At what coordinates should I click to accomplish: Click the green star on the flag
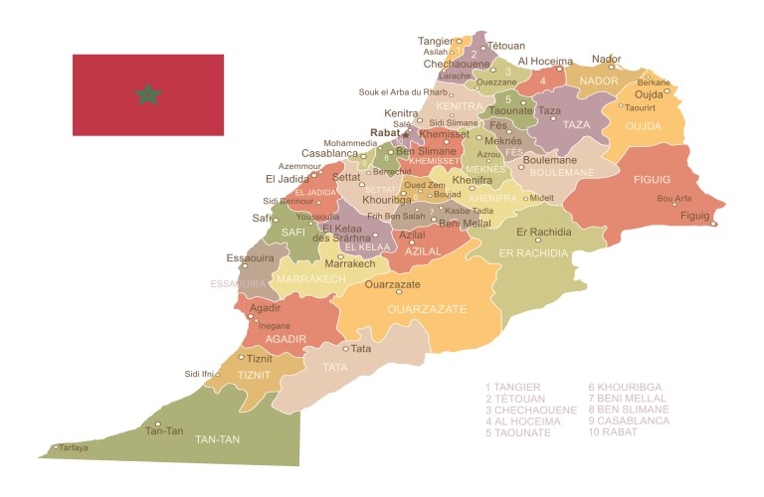[148, 94]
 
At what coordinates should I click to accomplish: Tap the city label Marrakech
[349, 264]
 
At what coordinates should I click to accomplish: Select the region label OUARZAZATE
[426, 309]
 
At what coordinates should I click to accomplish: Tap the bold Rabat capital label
[384, 131]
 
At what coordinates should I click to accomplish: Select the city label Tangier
[435, 41]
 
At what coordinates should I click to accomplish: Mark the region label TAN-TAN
[219, 438]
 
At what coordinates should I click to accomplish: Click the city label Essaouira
[251, 257]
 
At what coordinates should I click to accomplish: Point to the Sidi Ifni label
[199, 374]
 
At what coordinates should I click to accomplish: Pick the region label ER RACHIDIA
[533, 252]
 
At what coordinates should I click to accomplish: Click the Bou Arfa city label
[674, 198]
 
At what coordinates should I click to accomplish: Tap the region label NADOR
[599, 81]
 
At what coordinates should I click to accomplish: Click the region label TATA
[335, 367]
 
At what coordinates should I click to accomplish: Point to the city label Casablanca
[329, 154]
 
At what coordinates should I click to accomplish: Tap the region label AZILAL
[422, 251]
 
